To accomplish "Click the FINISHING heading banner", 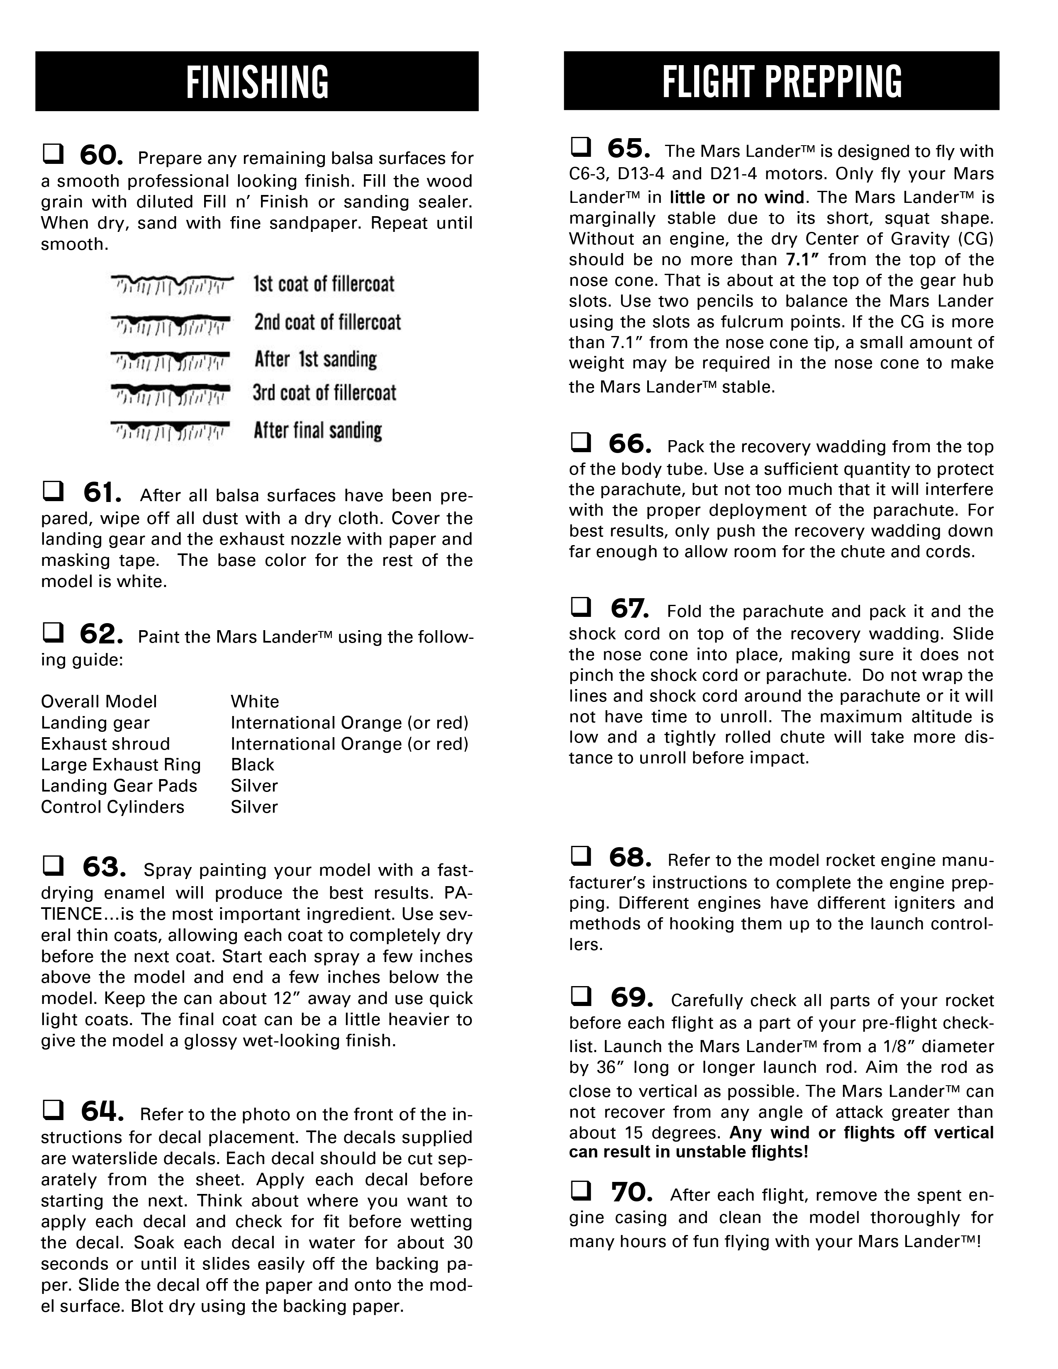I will point(257,81).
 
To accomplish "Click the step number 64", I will point(102,1111).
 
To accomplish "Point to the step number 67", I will point(629,608).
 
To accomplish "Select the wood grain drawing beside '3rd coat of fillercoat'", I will point(171,394).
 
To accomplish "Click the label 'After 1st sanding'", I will point(315,359).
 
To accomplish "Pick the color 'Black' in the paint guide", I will point(253,765).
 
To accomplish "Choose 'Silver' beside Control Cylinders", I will point(254,807).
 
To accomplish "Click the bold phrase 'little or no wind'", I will point(736,197).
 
